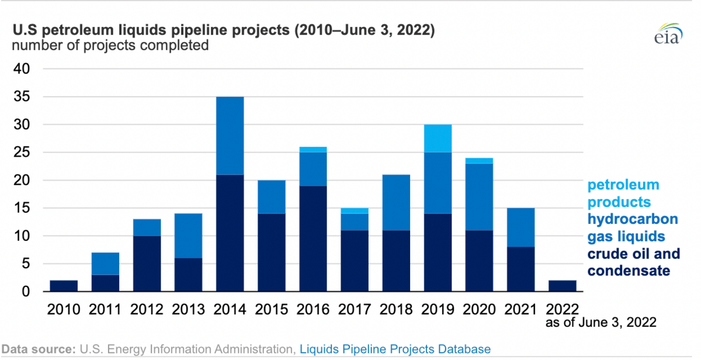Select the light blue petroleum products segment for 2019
pyautogui.click(x=438, y=139)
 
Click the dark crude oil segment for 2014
pyautogui.click(x=230, y=233)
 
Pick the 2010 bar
pyautogui.click(x=64, y=286)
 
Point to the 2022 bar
pyautogui.click(x=563, y=286)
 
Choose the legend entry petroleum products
pyautogui.click(x=623, y=193)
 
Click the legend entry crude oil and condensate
pyautogui.click(x=633, y=262)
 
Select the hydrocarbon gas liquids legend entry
pyautogui.click(x=633, y=228)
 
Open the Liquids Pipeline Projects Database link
pyautogui.click(x=395, y=349)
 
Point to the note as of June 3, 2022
pyautogui.click(x=601, y=322)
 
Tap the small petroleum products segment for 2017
pyautogui.click(x=355, y=211)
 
